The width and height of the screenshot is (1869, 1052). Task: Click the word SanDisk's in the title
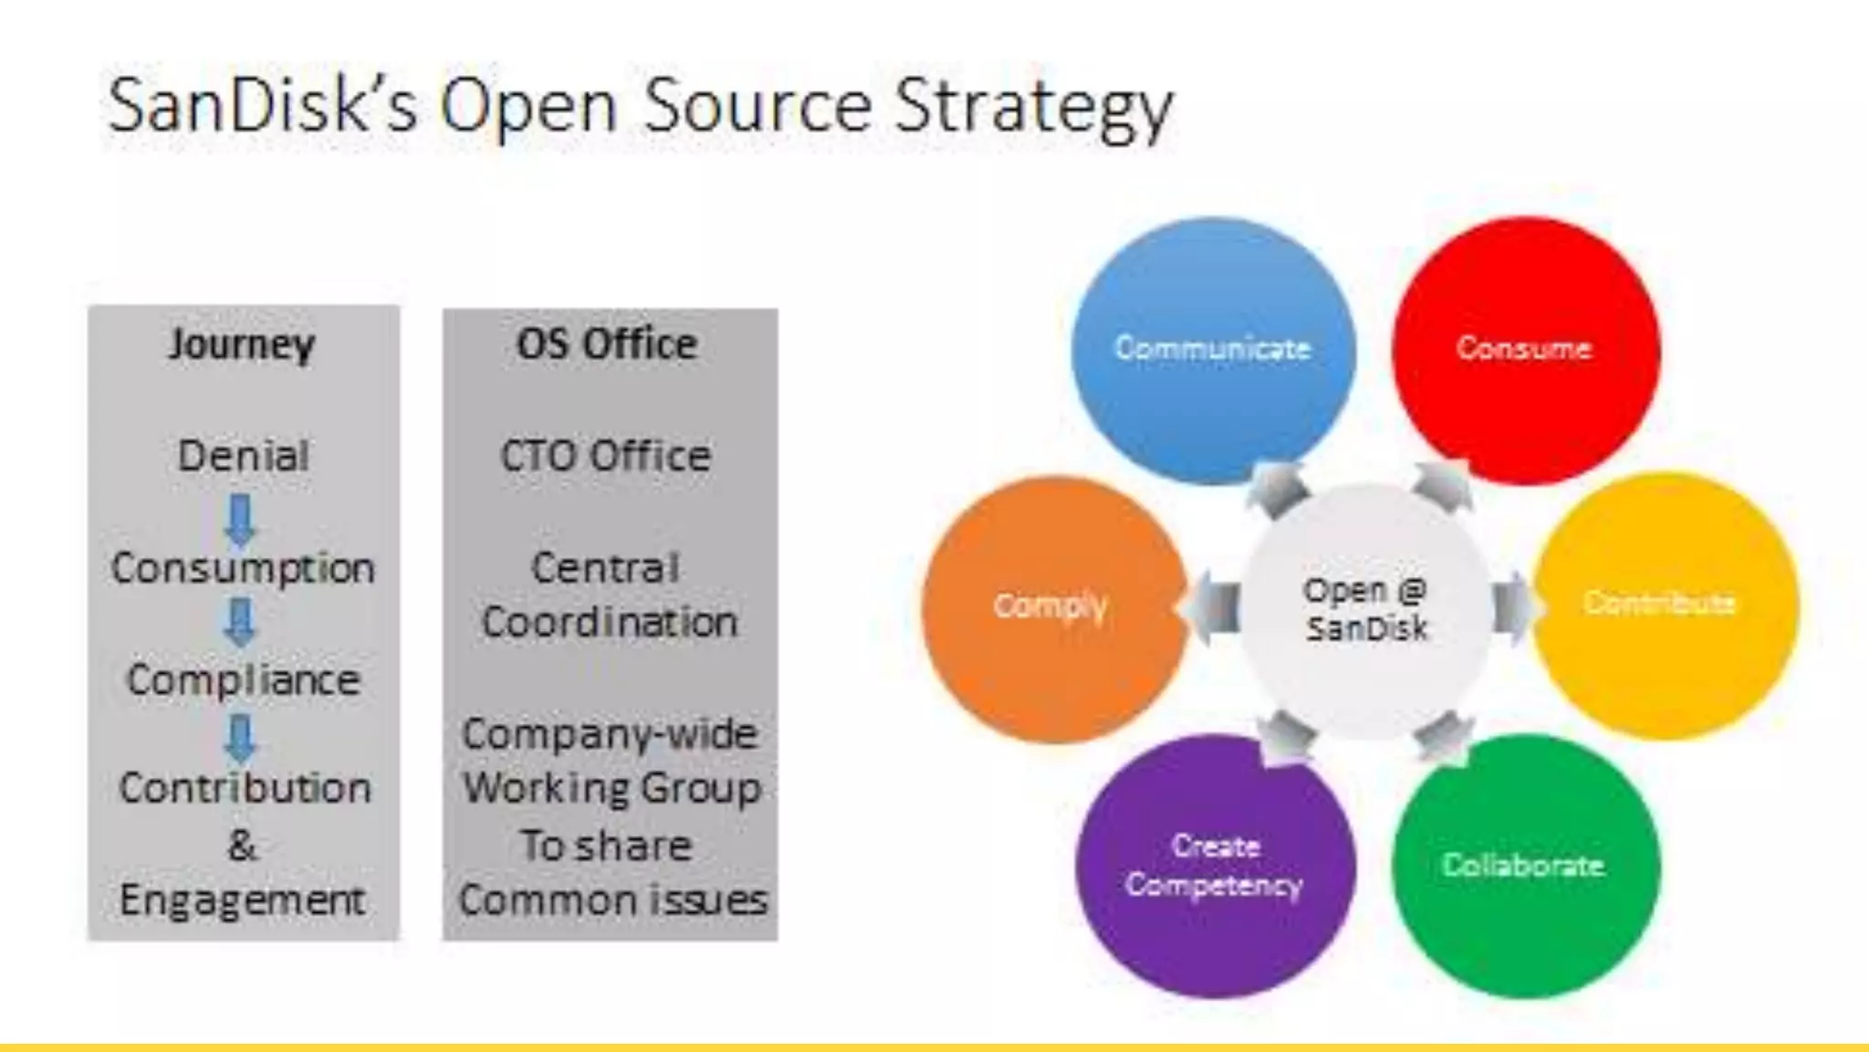click(x=262, y=106)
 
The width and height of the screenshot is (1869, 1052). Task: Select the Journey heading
click(x=242, y=344)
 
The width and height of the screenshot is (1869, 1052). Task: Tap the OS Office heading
click(x=607, y=344)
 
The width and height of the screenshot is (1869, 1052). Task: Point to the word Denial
click(x=244, y=456)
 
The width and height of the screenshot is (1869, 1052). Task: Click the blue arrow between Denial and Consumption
click(x=241, y=520)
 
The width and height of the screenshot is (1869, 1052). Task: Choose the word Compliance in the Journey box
click(x=244, y=679)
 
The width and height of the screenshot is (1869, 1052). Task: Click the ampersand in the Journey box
click(x=242, y=845)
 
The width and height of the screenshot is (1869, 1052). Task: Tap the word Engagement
click(x=243, y=900)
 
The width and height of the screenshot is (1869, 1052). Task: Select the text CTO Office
click(x=606, y=456)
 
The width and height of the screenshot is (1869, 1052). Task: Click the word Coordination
click(x=610, y=623)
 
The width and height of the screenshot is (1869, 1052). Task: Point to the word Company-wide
click(x=610, y=733)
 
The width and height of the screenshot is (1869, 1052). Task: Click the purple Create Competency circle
click(x=1215, y=866)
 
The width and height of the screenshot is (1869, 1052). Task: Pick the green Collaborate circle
click(x=1524, y=866)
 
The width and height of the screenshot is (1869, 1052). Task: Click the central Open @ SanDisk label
click(x=1366, y=609)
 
